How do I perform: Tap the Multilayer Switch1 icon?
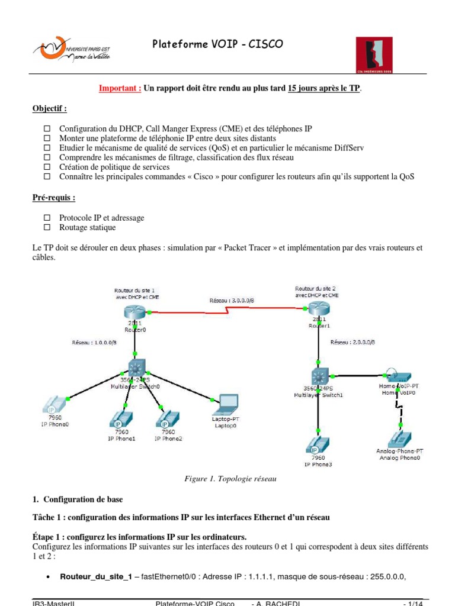319,376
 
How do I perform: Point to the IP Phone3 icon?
319,445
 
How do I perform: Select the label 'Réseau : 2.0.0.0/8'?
353,342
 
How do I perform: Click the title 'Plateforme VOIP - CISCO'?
218,44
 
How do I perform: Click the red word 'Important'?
120,89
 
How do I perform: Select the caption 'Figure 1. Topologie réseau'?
230,478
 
